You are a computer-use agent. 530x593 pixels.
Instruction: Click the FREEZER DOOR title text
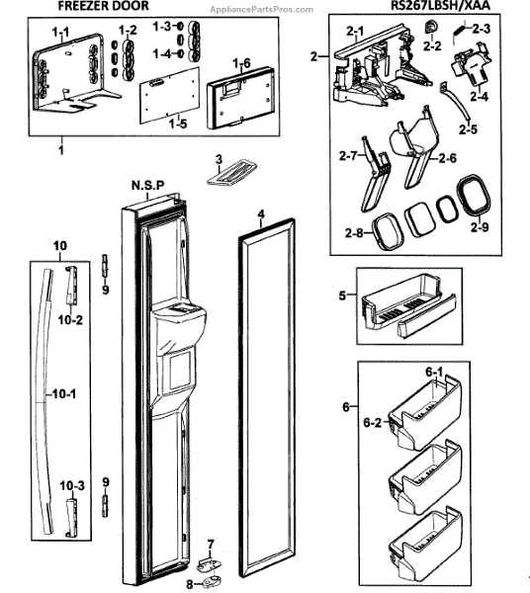(103, 6)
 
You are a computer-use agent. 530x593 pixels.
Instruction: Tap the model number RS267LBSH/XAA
(441, 5)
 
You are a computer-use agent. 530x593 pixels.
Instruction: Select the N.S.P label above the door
(148, 186)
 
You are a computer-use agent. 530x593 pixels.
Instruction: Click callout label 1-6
(241, 63)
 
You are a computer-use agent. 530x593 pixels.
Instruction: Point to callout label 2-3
(481, 29)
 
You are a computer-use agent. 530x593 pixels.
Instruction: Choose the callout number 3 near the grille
(220, 159)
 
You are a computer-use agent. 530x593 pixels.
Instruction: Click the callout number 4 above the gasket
(261, 214)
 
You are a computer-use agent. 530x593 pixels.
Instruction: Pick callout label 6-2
(372, 422)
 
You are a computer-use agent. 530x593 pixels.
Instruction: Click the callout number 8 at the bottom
(190, 585)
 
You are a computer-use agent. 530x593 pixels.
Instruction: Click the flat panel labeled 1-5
(169, 95)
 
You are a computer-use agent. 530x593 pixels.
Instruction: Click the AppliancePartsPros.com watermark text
(262, 10)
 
